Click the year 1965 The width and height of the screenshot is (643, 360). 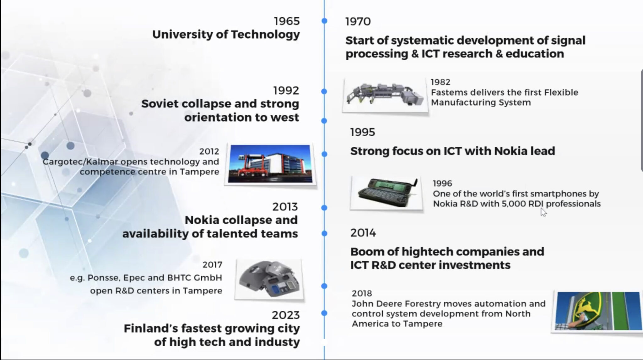[287, 21]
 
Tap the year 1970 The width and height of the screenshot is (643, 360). [358, 22]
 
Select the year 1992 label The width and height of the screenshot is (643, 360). [286, 90]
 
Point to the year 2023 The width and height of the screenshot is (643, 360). [286, 315]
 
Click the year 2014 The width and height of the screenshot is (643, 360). [363, 233]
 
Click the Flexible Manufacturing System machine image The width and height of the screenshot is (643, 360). [385, 95]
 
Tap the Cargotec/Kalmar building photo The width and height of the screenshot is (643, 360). [270, 164]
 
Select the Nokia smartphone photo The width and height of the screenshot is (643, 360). [387, 193]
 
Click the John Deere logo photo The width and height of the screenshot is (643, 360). [597, 311]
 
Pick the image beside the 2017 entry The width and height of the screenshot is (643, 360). [269, 279]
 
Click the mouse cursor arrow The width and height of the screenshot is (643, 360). [543, 212]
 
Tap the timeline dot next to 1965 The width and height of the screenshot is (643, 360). [324, 21]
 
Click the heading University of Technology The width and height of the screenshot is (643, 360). [226, 35]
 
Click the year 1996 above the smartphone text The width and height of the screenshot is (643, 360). [442, 183]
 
